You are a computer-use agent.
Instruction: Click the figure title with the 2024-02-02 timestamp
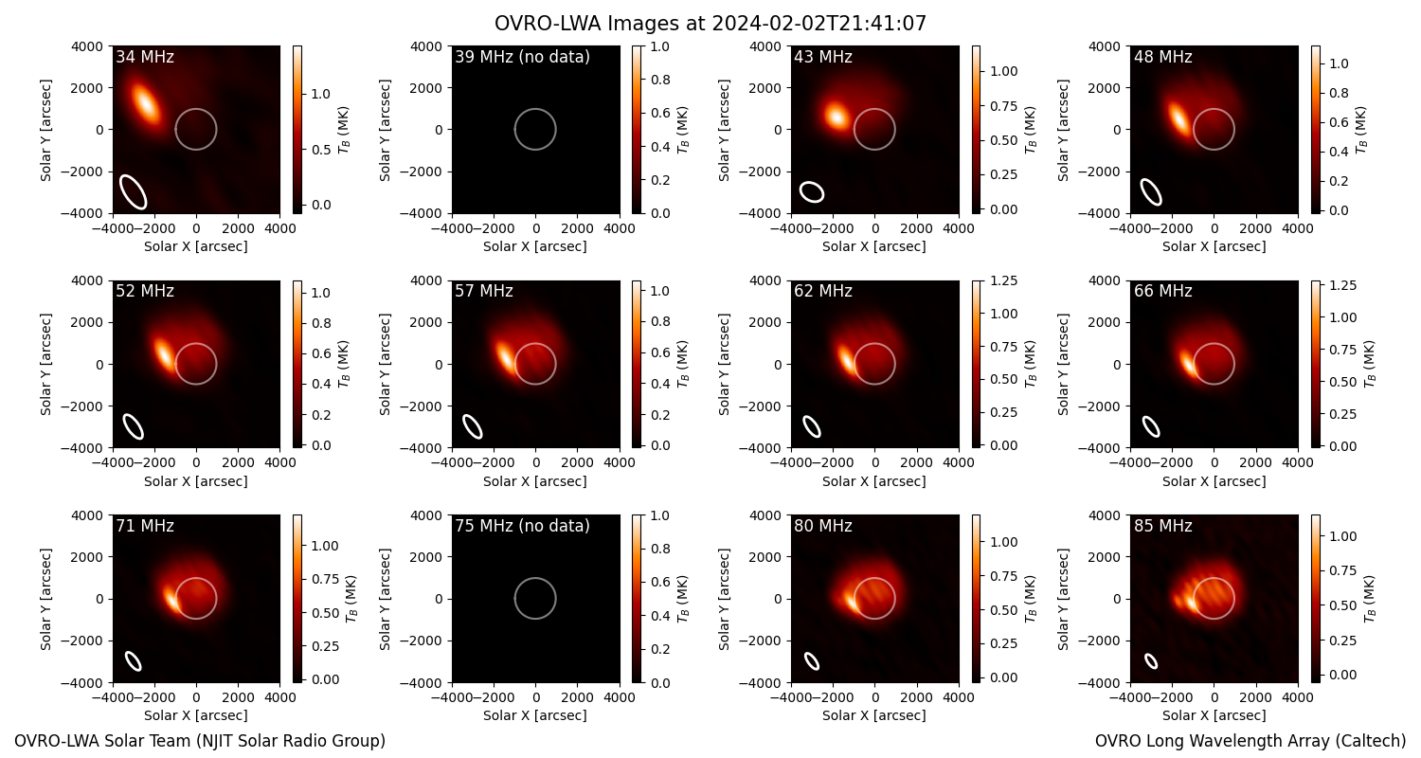710,24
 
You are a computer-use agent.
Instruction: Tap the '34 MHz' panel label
145,57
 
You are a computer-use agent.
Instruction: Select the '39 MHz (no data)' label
522,57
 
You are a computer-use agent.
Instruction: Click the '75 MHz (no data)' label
522,526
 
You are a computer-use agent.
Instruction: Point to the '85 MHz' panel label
1162,526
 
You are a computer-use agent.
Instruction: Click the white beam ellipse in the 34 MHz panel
134,191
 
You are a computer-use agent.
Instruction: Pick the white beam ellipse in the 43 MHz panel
811,191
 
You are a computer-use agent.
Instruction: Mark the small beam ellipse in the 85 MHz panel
1151,661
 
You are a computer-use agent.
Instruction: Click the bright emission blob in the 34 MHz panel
145,101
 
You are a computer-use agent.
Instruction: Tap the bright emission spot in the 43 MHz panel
836,117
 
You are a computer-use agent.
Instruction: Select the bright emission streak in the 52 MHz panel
164,352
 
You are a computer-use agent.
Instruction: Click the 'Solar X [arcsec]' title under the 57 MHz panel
535,481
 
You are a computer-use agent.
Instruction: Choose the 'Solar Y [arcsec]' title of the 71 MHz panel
45,600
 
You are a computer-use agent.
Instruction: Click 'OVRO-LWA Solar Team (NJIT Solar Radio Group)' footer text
200,741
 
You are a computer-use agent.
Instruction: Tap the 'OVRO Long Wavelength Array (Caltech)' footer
1250,741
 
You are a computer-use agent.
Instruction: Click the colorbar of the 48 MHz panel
1316,130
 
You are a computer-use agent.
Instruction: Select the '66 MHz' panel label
1162,291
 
